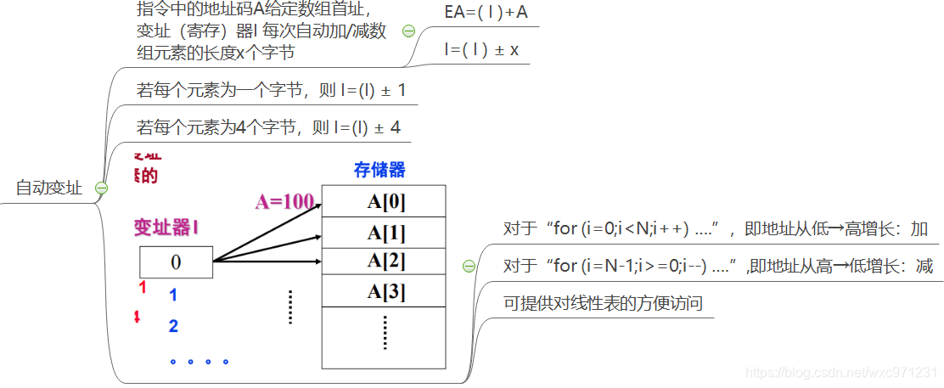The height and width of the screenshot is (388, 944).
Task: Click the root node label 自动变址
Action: [49, 188]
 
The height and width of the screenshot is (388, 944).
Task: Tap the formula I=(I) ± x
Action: [480, 50]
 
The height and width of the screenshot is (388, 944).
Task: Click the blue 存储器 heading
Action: [379, 170]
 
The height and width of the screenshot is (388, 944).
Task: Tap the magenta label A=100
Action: [284, 202]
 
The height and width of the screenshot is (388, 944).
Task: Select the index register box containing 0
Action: [176, 261]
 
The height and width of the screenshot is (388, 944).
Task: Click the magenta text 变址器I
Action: [167, 227]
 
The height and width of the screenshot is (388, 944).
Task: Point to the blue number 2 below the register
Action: [173, 326]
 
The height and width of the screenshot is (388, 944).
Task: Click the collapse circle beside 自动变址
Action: [102, 188]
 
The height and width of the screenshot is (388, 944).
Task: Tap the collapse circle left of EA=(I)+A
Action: [408, 31]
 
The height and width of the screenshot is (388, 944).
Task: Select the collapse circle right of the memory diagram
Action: [469, 266]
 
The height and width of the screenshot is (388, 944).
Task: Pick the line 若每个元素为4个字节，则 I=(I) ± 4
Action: [268, 128]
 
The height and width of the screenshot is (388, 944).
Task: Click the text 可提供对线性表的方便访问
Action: [603, 303]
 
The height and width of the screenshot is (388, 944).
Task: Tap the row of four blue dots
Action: [199, 362]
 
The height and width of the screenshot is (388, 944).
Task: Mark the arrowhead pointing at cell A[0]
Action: [316, 204]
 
